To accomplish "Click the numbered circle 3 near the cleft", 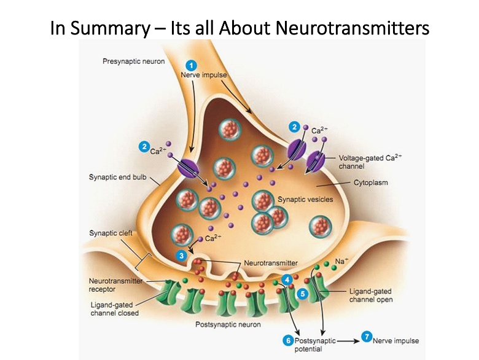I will tap(181, 254).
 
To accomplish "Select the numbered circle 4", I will tap(287, 280).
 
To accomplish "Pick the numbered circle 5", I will tap(303, 294).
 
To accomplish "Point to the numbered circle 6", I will tap(287, 340).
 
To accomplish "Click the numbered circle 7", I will tap(366, 337).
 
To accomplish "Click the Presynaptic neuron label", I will tap(133, 62).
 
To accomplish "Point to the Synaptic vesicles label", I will tap(306, 200).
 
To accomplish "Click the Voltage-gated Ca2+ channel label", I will tap(370, 162).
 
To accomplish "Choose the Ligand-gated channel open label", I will tap(371, 295).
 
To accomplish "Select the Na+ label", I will tap(341, 262).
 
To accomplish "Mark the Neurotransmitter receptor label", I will tap(115, 285).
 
